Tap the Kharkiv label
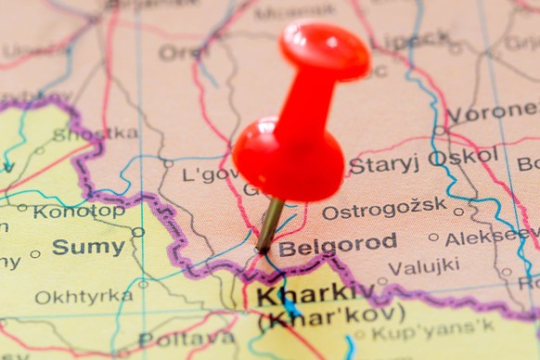point(302,295)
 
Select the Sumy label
point(88,247)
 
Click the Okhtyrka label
point(84,297)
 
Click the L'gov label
point(209,174)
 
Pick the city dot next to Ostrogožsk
point(458,211)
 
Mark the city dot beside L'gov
point(168,163)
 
